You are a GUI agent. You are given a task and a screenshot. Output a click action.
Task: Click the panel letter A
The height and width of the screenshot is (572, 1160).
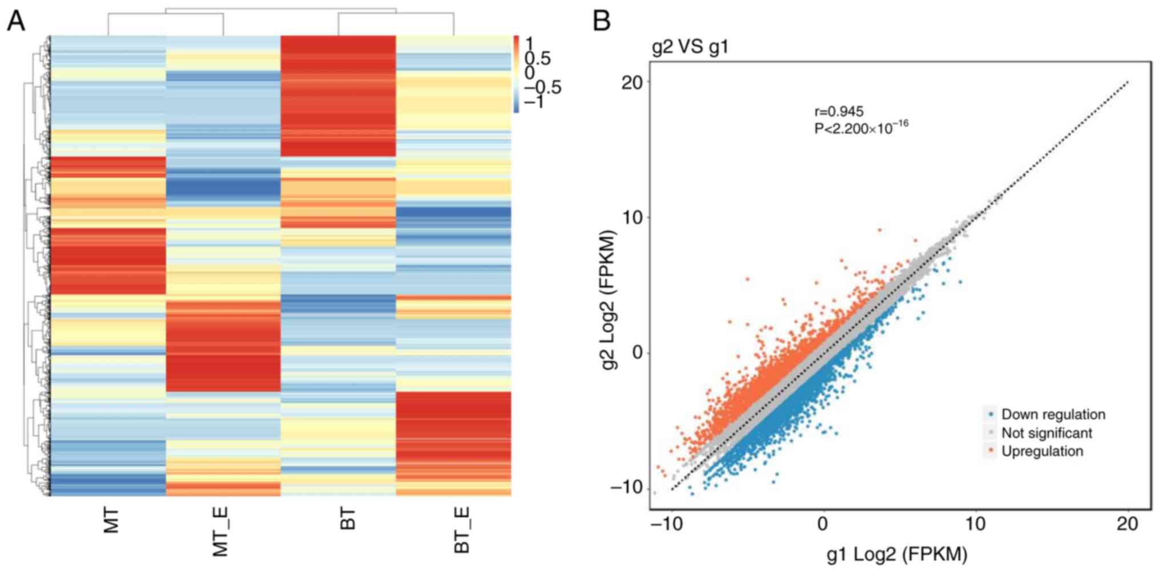click(16, 21)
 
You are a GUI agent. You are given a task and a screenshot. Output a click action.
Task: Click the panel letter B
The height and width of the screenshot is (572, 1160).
click(602, 21)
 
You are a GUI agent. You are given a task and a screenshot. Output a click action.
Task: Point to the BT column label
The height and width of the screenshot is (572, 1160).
click(348, 519)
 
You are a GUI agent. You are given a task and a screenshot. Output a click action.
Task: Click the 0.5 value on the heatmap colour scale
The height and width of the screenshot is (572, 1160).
click(538, 58)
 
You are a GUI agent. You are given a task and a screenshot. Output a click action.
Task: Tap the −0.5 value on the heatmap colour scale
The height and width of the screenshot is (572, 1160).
click(542, 87)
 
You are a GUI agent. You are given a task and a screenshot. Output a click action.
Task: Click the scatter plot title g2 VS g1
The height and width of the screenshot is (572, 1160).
click(690, 47)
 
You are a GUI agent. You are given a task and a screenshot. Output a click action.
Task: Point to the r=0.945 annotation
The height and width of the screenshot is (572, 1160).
click(839, 111)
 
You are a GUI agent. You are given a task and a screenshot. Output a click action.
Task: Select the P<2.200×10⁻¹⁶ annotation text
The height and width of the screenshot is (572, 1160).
click(861, 128)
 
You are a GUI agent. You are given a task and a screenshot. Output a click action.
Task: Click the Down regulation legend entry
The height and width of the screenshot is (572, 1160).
click(1053, 415)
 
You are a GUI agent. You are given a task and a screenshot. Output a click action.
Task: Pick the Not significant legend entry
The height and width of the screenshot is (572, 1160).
click(1046, 433)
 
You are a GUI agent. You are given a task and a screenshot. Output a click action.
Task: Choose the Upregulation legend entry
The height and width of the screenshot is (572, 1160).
click(1042, 451)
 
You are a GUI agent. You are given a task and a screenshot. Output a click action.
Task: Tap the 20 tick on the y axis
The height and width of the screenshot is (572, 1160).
click(631, 82)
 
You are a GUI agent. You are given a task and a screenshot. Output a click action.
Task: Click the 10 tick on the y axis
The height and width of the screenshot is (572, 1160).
click(633, 217)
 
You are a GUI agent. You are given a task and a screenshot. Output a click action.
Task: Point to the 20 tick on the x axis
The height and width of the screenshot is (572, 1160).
click(1127, 523)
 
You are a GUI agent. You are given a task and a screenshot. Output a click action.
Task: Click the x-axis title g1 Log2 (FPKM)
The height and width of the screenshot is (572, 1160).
click(896, 554)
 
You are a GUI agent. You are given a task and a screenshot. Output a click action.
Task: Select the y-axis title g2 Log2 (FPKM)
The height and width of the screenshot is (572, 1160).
click(609, 299)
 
